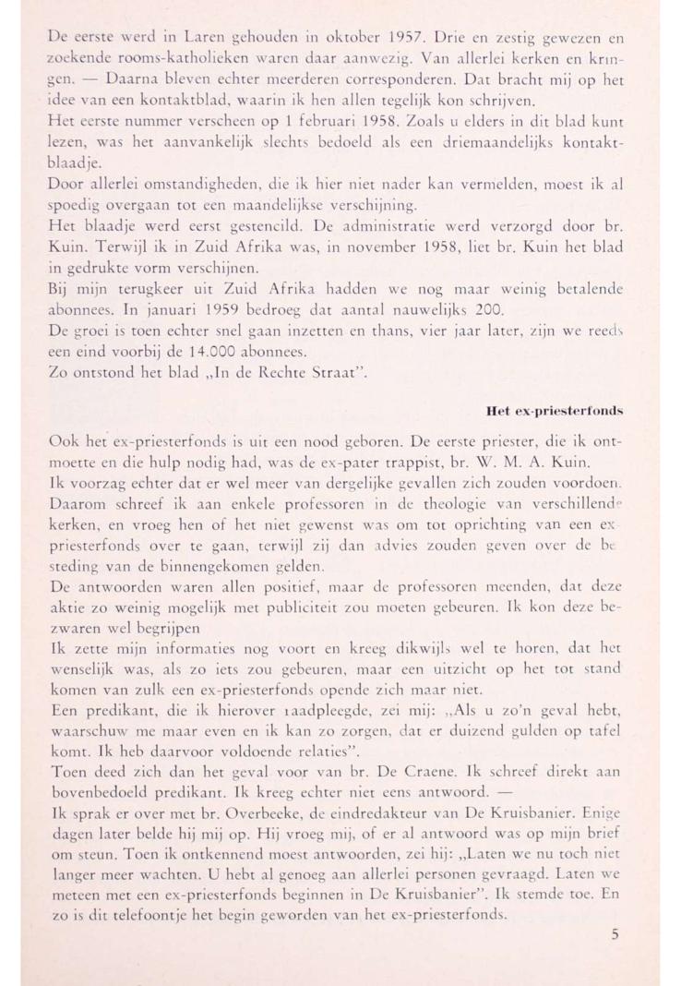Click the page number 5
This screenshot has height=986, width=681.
pos(615,933)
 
